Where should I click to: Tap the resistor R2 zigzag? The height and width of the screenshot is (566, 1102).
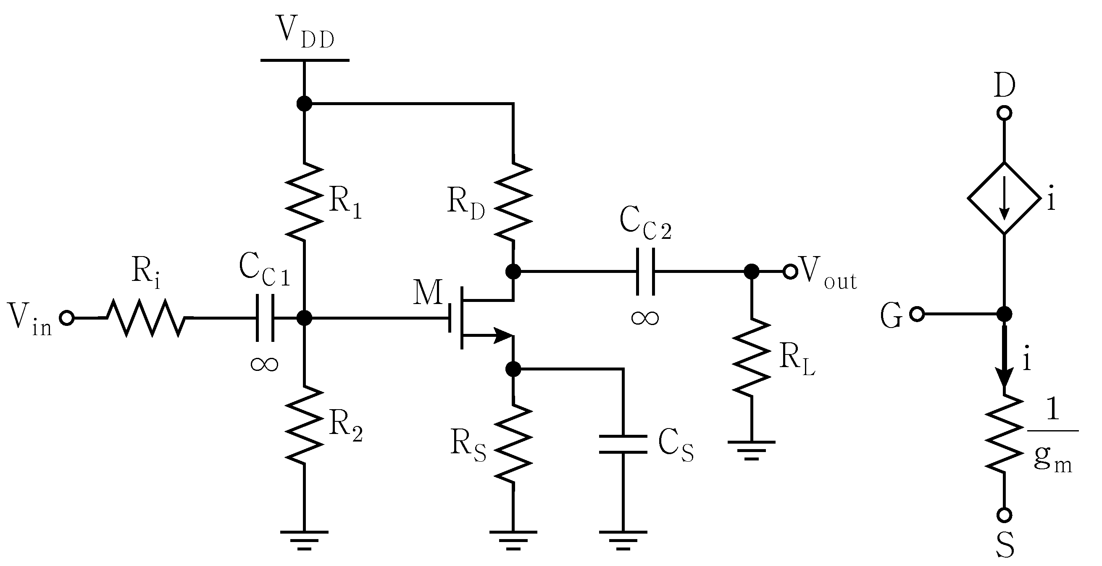(x=304, y=425)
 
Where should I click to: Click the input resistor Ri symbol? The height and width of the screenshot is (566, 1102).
(x=145, y=318)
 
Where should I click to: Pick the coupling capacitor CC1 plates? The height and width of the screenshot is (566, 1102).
(x=265, y=317)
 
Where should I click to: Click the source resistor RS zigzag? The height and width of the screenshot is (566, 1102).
(x=513, y=443)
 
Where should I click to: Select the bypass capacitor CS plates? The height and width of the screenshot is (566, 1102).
(x=623, y=444)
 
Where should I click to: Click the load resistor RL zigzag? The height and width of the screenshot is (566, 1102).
(x=752, y=357)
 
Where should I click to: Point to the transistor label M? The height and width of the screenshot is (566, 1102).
(x=428, y=292)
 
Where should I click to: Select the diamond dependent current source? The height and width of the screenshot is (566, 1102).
(x=1004, y=198)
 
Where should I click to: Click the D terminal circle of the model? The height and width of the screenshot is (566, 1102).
(x=1004, y=114)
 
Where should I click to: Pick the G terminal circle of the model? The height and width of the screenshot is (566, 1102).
(x=917, y=314)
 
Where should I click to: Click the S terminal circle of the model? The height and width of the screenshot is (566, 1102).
(x=1004, y=515)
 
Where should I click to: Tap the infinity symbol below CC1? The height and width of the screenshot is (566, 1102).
(x=264, y=364)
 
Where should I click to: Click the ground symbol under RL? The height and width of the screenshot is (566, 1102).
(x=752, y=450)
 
